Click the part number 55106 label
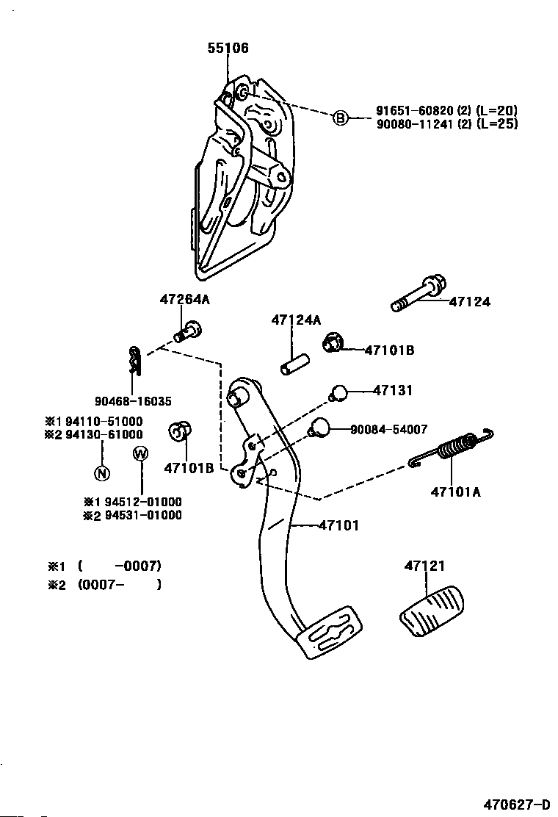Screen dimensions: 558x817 [x=228, y=48]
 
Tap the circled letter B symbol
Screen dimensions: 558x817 [x=339, y=118]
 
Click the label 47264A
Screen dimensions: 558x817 [x=184, y=300]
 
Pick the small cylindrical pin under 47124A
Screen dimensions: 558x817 [x=294, y=364]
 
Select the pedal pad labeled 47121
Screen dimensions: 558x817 [x=432, y=611]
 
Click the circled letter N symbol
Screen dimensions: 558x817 [x=102, y=473]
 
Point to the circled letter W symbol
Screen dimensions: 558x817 [x=140, y=454]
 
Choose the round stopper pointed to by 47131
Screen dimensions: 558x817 [x=338, y=392]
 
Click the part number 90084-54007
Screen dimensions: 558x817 [x=389, y=429]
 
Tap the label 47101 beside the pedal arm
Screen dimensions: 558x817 [x=338, y=525]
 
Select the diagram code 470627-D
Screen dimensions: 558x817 [x=516, y=805]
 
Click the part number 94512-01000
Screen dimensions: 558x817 [x=143, y=502]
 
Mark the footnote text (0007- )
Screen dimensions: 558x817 [x=120, y=585]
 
